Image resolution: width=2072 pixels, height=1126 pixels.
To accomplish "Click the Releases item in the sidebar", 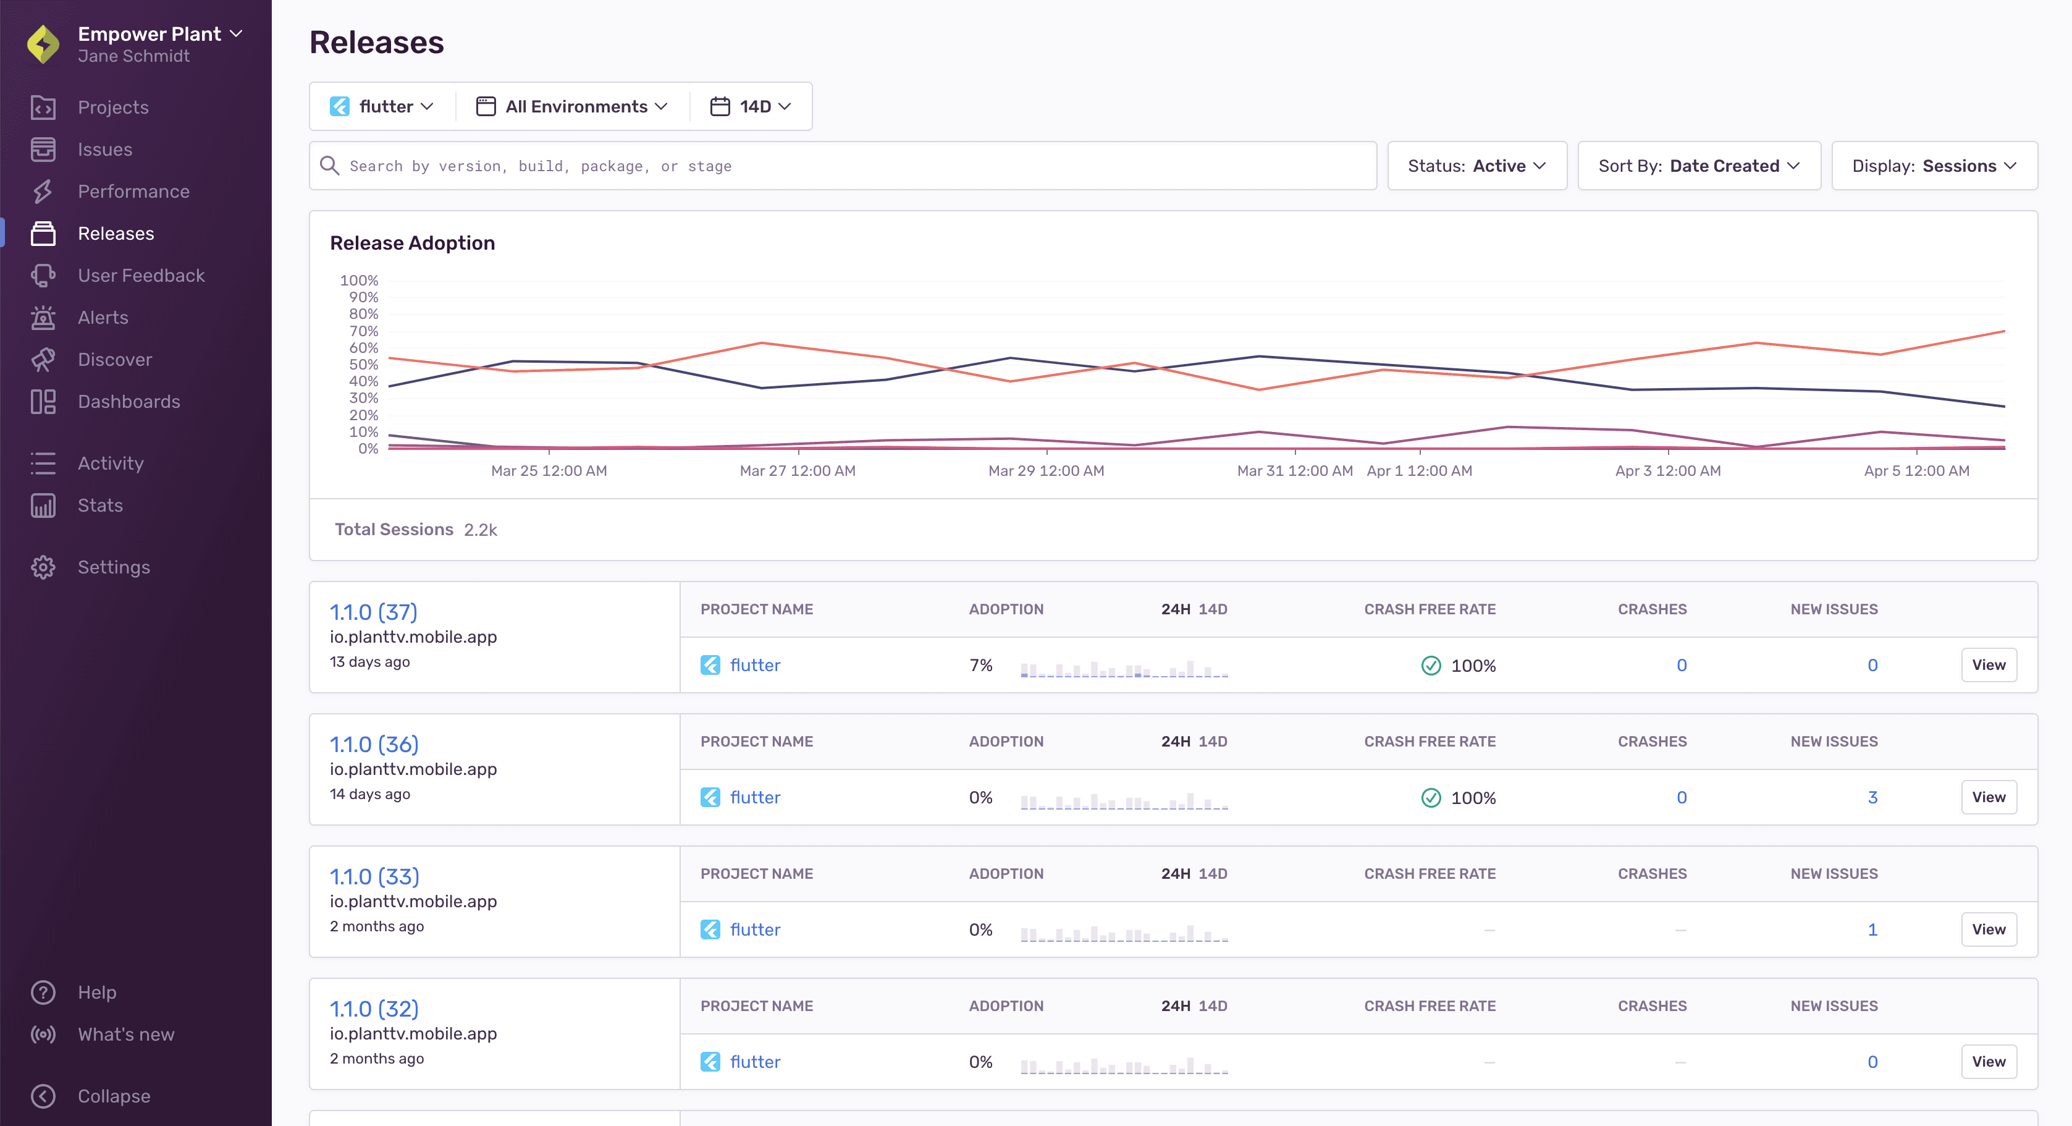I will click(115, 234).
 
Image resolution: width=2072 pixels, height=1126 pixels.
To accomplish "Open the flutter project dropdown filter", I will click(382, 106).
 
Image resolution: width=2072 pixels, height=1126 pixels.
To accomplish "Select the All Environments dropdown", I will click(572, 106).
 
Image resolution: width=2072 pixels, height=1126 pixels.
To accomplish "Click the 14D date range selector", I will click(751, 106).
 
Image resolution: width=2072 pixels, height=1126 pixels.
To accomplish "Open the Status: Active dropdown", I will click(1477, 166).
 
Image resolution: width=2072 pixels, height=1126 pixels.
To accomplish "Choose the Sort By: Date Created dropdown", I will click(1699, 166).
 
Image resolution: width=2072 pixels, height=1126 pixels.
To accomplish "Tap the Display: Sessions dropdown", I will click(1934, 166).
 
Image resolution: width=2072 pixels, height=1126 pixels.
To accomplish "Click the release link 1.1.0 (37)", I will click(373, 612).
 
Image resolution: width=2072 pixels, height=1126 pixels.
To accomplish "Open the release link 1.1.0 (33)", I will click(374, 876).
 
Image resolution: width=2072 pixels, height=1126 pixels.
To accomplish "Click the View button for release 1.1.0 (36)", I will click(1989, 797).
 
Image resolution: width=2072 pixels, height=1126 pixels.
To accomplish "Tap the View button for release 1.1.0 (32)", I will click(1989, 1062).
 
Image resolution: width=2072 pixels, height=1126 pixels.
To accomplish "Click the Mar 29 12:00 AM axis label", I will click(1046, 471).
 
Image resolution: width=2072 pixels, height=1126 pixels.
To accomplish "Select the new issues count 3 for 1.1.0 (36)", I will click(1872, 798).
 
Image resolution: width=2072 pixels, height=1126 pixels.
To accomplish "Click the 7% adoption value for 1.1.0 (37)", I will click(980, 666).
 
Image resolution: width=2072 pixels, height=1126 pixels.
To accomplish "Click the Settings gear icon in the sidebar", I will click(43, 567).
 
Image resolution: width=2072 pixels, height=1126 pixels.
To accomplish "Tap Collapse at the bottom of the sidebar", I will click(114, 1096).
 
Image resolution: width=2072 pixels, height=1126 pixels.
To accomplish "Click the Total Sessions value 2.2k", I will click(480, 530).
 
